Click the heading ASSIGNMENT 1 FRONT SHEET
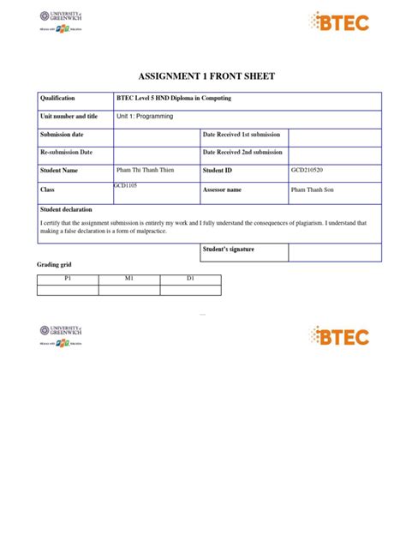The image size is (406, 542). [x=202, y=76]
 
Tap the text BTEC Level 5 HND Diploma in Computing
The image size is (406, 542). [x=174, y=99]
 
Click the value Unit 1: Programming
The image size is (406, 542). [x=145, y=116]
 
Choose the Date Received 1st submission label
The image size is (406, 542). [x=242, y=135]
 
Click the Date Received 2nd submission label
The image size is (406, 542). [x=242, y=152]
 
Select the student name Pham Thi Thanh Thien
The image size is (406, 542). [x=145, y=171]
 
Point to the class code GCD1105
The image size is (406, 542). [x=126, y=185]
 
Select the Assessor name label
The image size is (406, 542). [x=222, y=190]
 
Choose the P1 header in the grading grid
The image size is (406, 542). [x=68, y=280]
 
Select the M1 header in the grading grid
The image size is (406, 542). [x=129, y=280]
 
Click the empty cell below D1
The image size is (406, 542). [x=190, y=290]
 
